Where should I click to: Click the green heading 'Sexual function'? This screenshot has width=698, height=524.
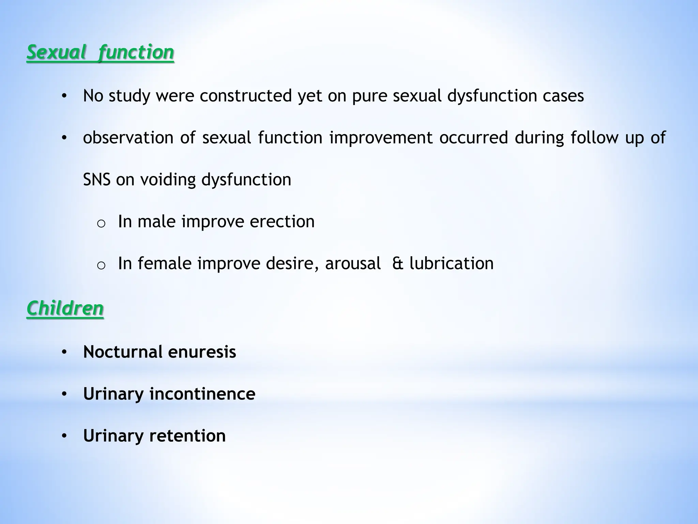coord(100,53)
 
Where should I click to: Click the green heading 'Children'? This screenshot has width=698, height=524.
coord(65,309)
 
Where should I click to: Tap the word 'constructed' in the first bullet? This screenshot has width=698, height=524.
coord(245,96)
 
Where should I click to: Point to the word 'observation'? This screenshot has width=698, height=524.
coord(128,138)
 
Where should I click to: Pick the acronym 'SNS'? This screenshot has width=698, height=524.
coord(96,180)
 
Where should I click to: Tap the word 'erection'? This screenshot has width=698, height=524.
coord(282,222)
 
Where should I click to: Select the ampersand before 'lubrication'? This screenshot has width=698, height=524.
coord(398,264)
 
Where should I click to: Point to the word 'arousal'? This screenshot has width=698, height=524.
coord(353,264)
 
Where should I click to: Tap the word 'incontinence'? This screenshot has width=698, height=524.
coord(202,394)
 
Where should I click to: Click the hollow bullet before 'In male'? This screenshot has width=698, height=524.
coord(101,224)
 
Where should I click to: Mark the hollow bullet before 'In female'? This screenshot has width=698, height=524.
coord(101,266)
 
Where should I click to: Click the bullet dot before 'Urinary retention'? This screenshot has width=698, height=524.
coord(64,436)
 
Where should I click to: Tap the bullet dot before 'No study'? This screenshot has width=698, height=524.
coord(64,96)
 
